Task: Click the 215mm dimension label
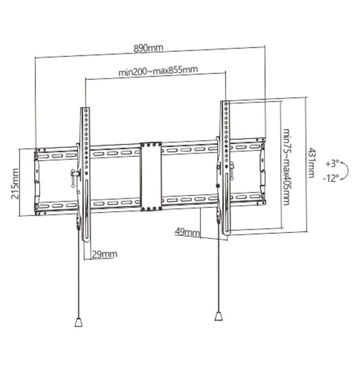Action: coord(15,184)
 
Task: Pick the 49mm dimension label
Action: coord(187,232)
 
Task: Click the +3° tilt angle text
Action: coord(331,163)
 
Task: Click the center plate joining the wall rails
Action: coord(150,176)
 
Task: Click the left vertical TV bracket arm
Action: coord(85,168)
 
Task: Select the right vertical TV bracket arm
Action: coord(225,163)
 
